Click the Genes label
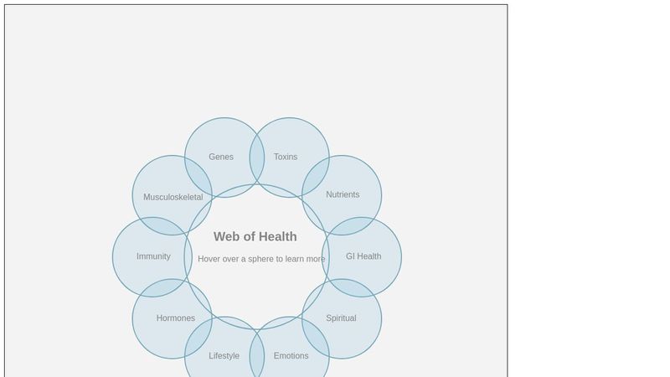point(221,157)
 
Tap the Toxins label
point(286,157)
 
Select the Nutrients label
point(343,194)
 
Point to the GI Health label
point(363,256)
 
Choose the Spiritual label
point(341,318)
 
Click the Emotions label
point(291,356)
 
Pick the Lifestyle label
point(224,356)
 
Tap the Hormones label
point(176,318)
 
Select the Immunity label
point(153,256)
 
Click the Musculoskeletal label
point(173,198)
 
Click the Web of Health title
point(255,237)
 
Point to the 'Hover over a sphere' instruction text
point(261,259)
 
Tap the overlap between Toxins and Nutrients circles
point(315,176)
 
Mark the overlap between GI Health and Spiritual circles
point(351,288)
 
